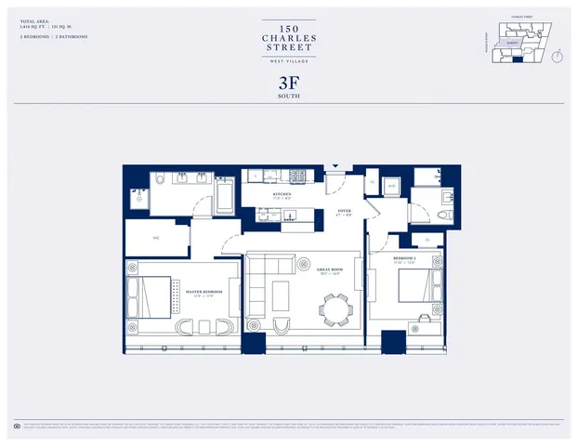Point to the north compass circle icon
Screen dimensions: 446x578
[x=557, y=55]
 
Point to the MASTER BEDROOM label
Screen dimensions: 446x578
[x=205, y=293]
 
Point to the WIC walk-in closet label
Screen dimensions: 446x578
[x=157, y=237]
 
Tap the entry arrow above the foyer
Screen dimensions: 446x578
[x=336, y=167]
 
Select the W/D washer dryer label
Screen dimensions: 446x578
[x=391, y=185]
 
